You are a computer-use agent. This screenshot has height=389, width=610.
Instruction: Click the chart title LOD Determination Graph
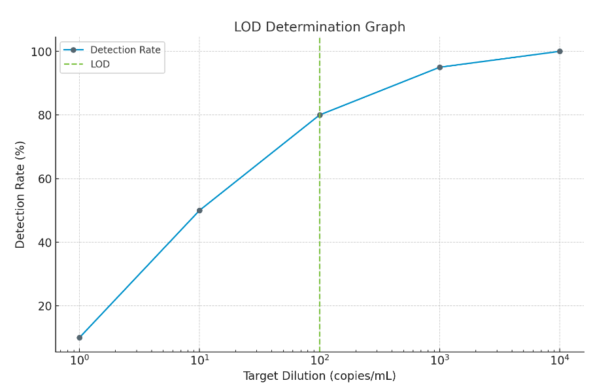[319, 27]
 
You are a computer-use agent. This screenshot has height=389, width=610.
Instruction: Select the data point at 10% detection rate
[80, 337]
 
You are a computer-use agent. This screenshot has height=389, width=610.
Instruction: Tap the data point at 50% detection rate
[199, 211]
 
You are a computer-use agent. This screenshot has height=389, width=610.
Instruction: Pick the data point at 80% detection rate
[320, 115]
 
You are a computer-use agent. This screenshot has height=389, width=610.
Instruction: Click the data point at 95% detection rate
[439, 67]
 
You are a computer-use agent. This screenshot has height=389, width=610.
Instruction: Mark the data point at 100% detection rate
[560, 51]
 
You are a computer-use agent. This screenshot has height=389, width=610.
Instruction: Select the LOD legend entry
[100, 64]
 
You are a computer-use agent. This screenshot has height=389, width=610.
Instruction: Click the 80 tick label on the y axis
[43, 115]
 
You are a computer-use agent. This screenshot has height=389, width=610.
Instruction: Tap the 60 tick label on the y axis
[43, 178]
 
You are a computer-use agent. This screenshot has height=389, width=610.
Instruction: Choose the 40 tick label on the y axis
[43, 243]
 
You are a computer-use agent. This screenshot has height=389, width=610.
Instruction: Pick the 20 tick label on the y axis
[43, 306]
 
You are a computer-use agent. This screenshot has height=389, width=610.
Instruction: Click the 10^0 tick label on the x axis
[80, 360]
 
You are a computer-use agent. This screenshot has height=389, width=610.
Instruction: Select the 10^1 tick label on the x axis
[199, 360]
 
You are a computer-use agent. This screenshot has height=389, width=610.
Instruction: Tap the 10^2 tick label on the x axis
[320, 360]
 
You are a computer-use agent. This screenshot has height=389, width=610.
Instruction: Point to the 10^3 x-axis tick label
[439, 360]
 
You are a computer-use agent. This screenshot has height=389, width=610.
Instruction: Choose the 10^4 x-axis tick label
[560, 360]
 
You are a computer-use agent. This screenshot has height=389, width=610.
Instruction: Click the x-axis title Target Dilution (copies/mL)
[319, 376]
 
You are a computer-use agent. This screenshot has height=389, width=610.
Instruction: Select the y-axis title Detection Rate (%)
[20, 194]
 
